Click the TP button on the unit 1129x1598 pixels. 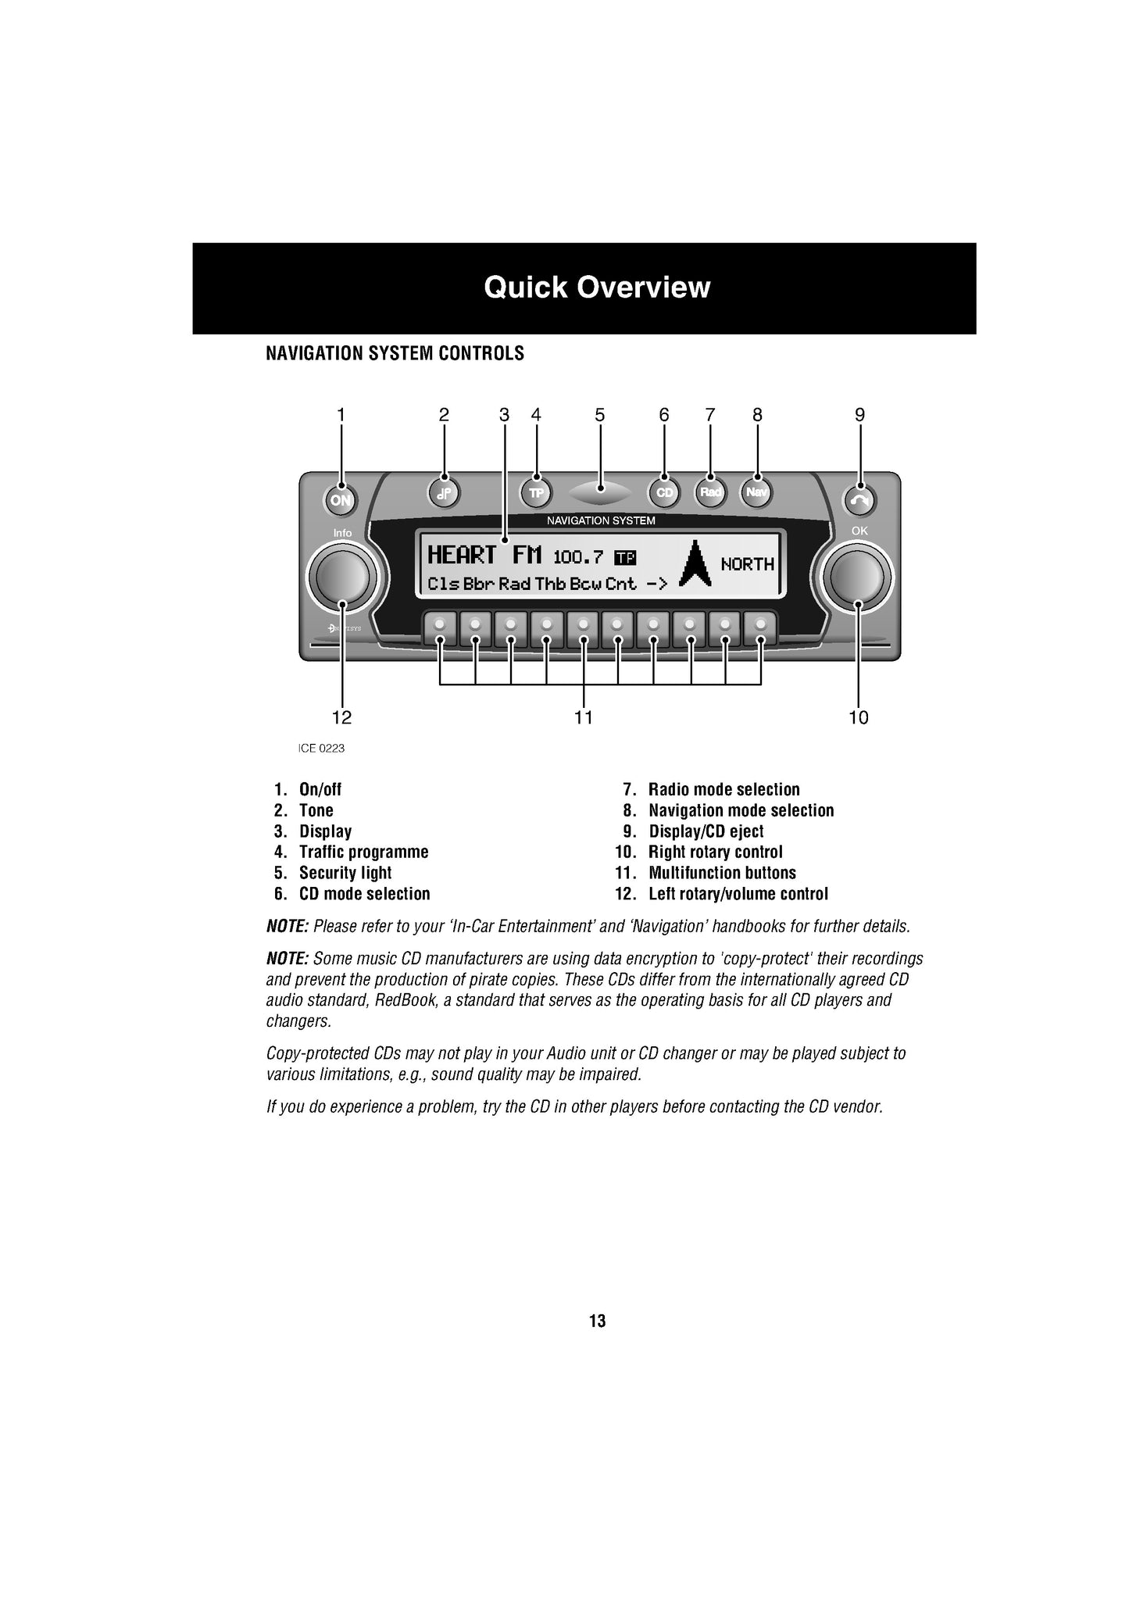[536, 493]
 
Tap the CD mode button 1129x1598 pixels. [664, 493]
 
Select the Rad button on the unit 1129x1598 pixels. [710, 492]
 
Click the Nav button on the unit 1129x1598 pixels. [756, 492]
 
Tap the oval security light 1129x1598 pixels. [600, 492]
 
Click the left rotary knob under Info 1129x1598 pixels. [342, 577]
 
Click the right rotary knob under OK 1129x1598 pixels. [858, 576]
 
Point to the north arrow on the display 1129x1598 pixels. [695, 563]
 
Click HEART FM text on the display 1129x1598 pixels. [484, 556]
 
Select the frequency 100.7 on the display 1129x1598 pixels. [578, 557]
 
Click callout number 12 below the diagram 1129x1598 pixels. [341, 717]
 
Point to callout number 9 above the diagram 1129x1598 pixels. [859, 415]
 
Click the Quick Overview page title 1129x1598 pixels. [597, 288]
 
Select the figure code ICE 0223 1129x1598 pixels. [321, 749]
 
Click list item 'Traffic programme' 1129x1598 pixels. [363, 852]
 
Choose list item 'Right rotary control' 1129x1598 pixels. [715, 852]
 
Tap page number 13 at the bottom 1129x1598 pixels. [597, 1321]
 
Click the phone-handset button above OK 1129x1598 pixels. [859, 501]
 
